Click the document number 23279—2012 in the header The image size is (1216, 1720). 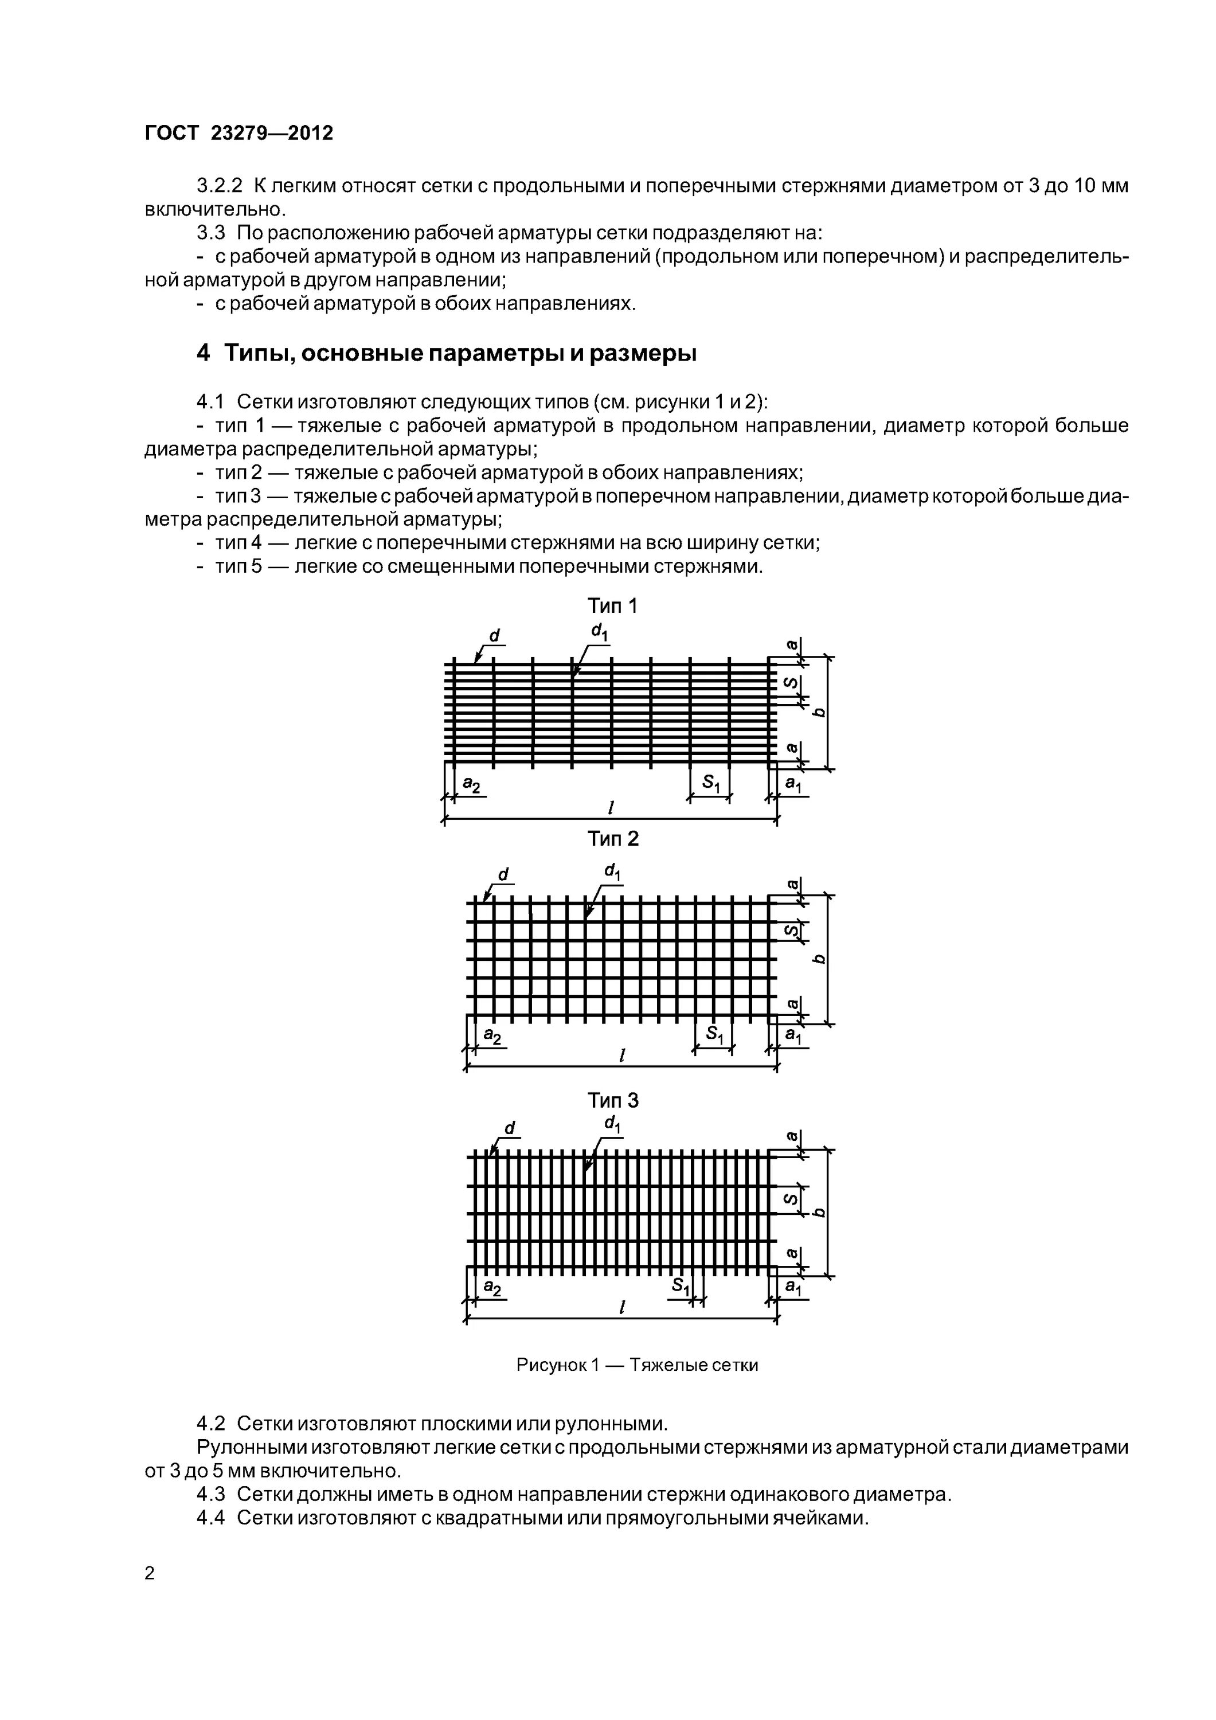(x=272, y=134)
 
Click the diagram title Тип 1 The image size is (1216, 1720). (x=612, y=606)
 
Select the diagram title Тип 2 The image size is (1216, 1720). (x=613, y=839)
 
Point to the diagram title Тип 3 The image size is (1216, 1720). (x=613, y=1100)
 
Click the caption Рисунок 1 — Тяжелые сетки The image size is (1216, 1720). (x=637, y=1365)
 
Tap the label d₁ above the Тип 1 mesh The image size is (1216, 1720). (x=600, y=633)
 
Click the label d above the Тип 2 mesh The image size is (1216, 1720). (x=503, y=874)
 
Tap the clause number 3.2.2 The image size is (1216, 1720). (x=220, y=186)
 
